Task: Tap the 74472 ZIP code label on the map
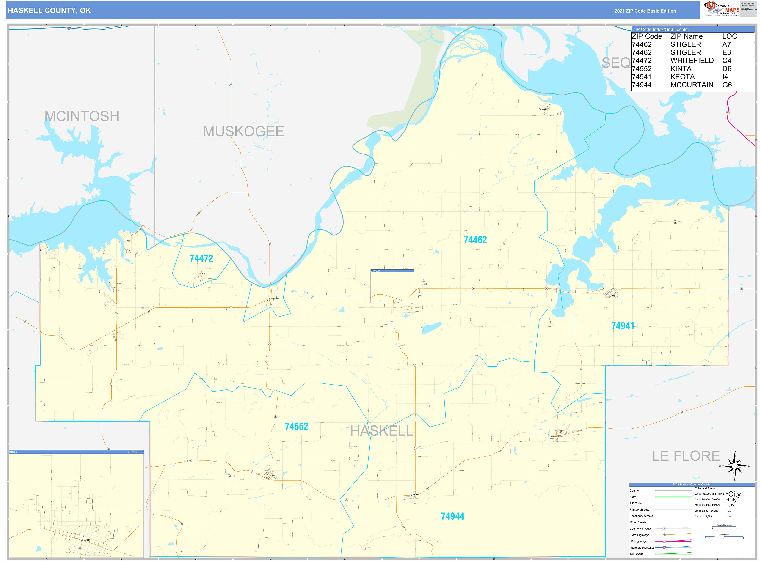coord(201,259)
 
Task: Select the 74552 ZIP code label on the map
coord(296,427)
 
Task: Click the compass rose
coord(734,466)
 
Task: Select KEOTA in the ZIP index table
coord(682,77)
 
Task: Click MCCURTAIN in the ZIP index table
coord(692,85)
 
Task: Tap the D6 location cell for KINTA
coord(727,69)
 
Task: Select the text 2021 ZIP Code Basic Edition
coord(645,11)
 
